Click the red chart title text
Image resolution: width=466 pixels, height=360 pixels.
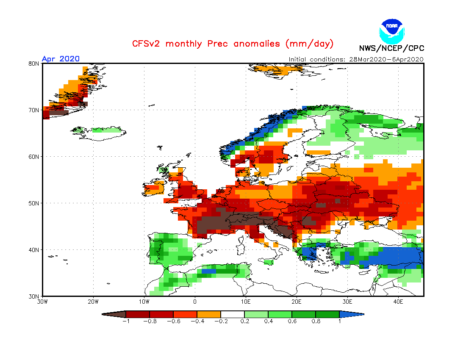(233, 44)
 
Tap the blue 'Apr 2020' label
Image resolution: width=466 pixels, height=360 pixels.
(61, 59)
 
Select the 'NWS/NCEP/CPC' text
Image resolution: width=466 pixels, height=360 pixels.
(391, 48)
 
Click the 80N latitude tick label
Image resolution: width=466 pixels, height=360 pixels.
(34, 64)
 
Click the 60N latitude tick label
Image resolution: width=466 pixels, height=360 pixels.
(34, 157)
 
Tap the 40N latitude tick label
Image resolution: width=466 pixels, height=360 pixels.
(34, 250)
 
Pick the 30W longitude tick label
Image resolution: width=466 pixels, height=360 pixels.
(42, 302)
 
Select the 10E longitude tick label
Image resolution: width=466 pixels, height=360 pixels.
(246, 302)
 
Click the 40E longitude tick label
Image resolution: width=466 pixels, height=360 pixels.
(398, 302)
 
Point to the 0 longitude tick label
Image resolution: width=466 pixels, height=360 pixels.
(195, 302)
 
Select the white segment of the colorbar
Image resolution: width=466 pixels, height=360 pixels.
(233, 314)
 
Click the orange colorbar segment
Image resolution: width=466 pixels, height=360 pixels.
(209, 314)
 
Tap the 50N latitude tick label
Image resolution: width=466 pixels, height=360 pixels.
(34, 203)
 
